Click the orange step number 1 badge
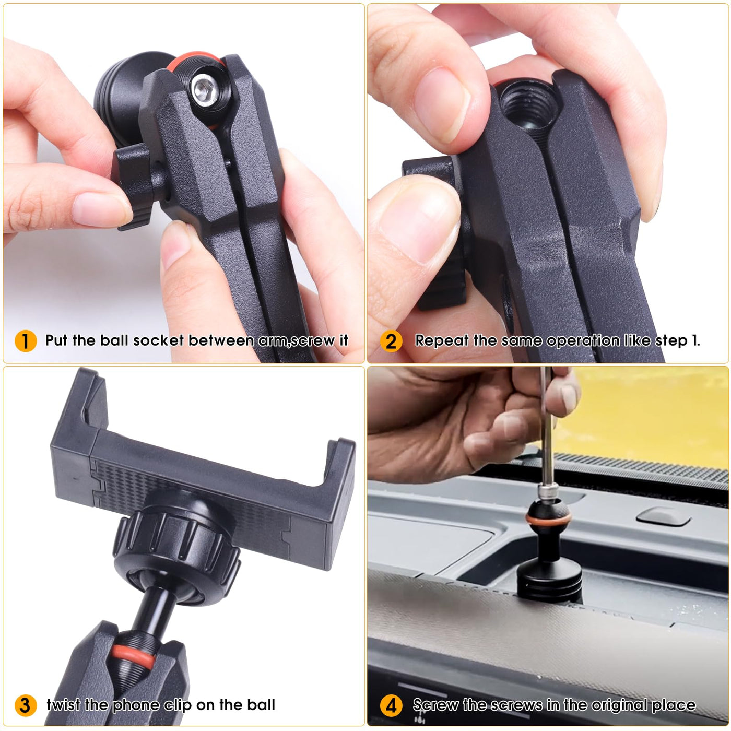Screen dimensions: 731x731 pos(26,340)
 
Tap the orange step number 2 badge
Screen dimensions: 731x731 pos(391,340)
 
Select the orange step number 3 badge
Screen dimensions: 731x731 pos(26,705)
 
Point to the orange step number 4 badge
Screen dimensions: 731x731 pos(391,705)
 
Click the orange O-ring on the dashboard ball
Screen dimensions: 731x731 pos(548,517)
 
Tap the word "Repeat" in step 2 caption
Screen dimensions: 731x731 pos(442,341)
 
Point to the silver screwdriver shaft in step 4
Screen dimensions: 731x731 pos(546,429)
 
